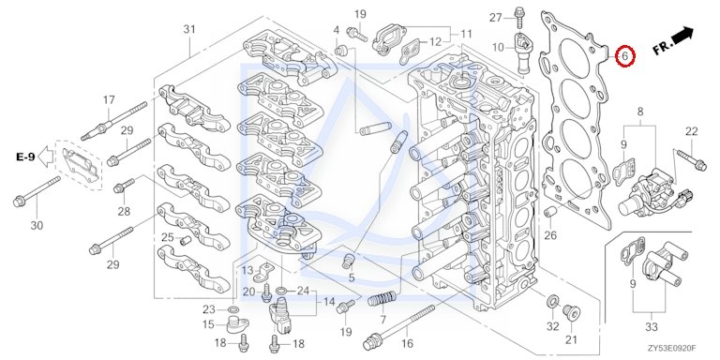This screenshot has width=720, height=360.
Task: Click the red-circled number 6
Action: pos(624,56)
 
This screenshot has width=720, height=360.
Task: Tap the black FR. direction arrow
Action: pos(682,35)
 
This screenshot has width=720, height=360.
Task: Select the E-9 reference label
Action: pos(25,157)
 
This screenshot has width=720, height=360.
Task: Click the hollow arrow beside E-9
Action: pos(45,157)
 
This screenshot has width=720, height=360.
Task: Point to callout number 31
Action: pos(189,29)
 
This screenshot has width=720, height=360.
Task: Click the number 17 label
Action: pos(109,99)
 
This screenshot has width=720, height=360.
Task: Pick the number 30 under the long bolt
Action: pos(37,225)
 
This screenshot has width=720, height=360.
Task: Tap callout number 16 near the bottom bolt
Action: pos(407,343)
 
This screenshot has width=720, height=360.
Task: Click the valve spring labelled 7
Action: pos(382,299)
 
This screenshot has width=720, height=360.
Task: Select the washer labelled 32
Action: pos(553,302)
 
